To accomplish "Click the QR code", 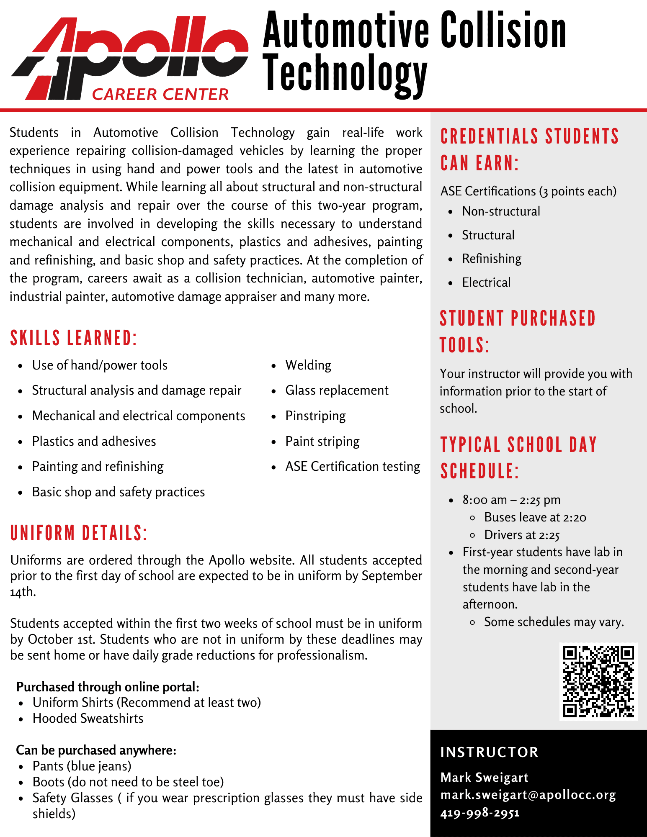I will tap(598, 682).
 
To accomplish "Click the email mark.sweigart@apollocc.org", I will tap(528, 795).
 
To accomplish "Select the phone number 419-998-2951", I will tap(480, 813).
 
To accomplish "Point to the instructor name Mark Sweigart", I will tap(484, 777).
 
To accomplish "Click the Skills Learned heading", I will tap(74, 338).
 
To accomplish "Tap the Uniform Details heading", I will tap(79, 533).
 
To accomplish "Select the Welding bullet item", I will tap(308, 365).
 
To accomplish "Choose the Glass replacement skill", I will tap(337, 390).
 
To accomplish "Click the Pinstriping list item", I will tap(315, 416).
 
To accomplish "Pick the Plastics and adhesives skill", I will tap(94, 441).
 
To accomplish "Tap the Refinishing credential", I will tap(492, 259).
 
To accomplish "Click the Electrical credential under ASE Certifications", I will tap(486, 282).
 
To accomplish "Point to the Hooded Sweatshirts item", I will tap(88, 718).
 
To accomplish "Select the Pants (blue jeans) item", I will tap(82, 766).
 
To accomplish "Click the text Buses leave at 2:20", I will tap(535, 517).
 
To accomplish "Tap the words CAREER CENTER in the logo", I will tap(160, 94).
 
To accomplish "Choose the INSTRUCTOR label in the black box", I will tap(489, 752).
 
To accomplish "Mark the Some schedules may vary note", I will tap(554, 622).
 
